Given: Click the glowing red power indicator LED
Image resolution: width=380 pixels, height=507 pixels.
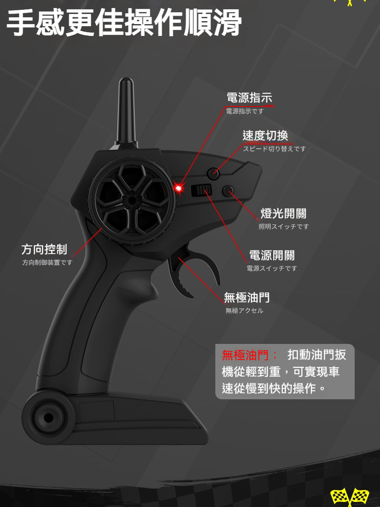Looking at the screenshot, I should tap(179, 188).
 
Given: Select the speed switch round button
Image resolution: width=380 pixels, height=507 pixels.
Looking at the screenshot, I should tap(214, 173).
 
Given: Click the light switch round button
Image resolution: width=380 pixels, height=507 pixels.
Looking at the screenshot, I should tap(228, 191).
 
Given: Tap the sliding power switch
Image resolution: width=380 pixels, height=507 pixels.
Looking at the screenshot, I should tap(201, 191).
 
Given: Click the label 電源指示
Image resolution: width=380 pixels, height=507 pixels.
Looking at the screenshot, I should tap(249, 98).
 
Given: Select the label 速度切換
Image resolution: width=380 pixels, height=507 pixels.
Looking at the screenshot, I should tap(265, 136).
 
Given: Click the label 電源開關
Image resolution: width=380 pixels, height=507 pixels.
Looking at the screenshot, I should tap(272, 255).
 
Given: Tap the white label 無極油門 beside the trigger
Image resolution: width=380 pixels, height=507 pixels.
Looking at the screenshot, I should tap(247, 298).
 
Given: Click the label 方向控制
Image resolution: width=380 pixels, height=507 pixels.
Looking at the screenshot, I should tap(44, 249).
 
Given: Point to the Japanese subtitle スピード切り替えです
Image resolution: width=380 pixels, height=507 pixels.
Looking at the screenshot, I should tap(274, 149).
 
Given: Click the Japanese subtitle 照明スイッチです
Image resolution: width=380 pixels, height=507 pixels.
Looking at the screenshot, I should tap(284, 226).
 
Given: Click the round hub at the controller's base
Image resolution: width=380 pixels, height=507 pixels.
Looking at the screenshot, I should tap(48, 418).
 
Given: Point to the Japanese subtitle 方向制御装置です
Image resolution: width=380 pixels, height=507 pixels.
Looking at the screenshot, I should tap(47, 262).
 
